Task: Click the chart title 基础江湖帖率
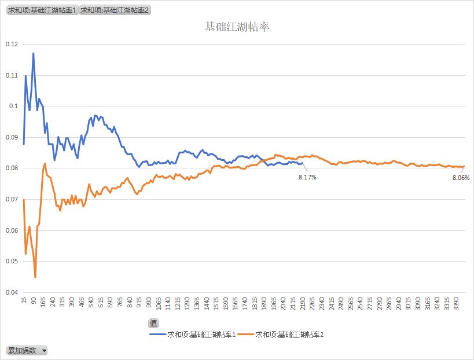pos(237,27)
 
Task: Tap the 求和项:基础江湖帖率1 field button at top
pos(42,10)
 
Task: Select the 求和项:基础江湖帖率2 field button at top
pos(115,10)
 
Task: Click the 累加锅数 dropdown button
pos(27,350)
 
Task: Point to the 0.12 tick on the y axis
pos(12,44)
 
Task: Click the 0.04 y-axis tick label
pos(12,292)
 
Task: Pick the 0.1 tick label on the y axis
pos(13,106)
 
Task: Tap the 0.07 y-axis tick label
pos(12,199)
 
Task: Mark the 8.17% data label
pos(307,177)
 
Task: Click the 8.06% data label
pos(461,178)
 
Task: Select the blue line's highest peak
pos(33,53)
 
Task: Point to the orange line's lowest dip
pos(35,277)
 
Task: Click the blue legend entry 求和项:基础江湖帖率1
pos(193,335)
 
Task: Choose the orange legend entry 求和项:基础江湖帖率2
pos(281,335)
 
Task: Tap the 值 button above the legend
pos(153,323)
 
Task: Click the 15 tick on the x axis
pos(24,300)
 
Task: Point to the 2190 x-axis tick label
pos(302,303)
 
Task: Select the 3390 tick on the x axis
pos(456,303)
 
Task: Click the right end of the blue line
pos(302,163)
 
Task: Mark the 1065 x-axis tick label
pos(159,303)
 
